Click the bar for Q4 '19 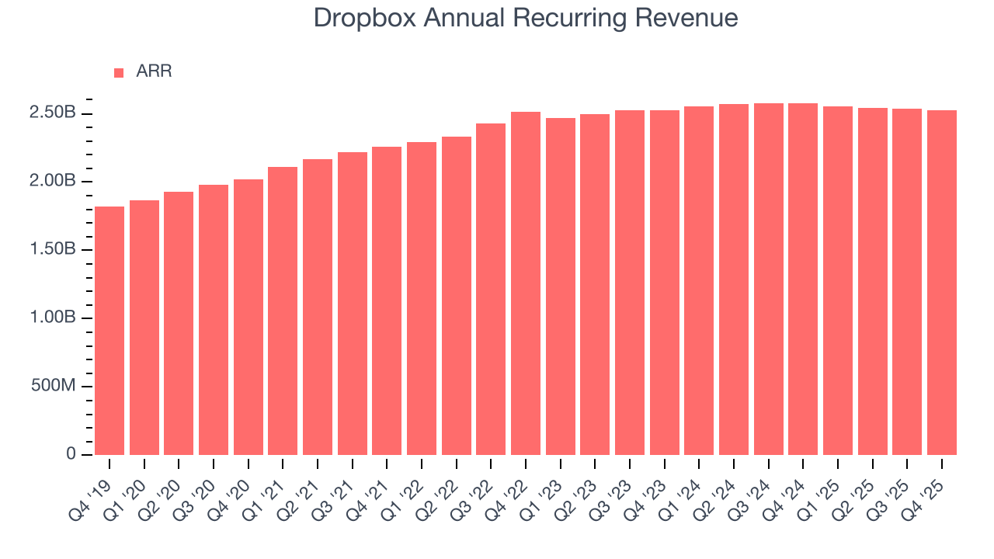click(x=109, y=330)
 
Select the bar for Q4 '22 click(x=526, y=283)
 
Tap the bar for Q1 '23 click(x=561, y=286)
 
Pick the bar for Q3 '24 click(x=769, y=279)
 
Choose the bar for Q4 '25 click(x=942, y=282)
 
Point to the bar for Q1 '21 click(x=283, y=311)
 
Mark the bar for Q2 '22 click(x=457, y=295)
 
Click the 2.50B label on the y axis click(x=53, y=113)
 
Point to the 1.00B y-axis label click(x=53, y=318)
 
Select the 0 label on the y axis click(x=71, y=454)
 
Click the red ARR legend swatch click(x=119, y=72)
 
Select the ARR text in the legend click(x=154, y=71)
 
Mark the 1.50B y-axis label click(x=53, y=250)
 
